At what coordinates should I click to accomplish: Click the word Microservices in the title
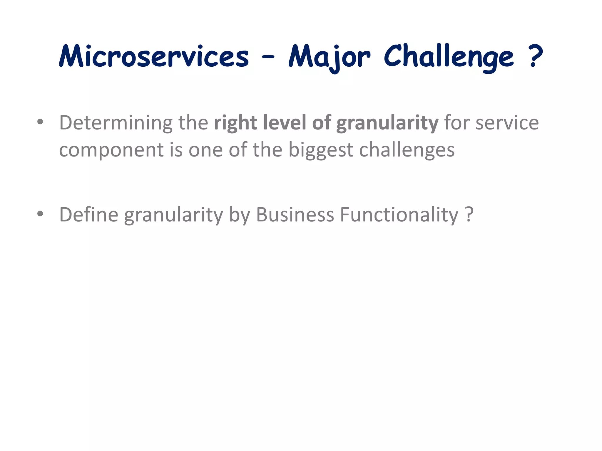coord(154,56)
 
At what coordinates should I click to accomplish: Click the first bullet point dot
coord(40,122)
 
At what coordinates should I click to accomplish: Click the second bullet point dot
coord(40,214)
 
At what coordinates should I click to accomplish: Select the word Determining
coord(116,123)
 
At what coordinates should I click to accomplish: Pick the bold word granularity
coord(387,123)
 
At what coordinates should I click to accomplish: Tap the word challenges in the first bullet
coord(407,150)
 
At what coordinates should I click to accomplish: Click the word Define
coord(89,214)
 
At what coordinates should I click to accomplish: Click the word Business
coord(295,214)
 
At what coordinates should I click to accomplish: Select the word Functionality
coord(399,215)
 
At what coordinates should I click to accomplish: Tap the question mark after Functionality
coord(469,214)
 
